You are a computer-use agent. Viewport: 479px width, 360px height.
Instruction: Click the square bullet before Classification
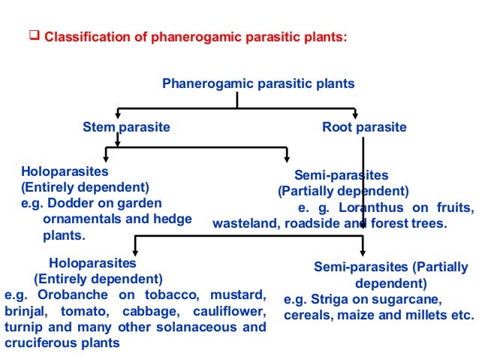coord(33,35)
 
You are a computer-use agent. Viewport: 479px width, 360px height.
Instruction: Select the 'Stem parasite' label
coord(126,128)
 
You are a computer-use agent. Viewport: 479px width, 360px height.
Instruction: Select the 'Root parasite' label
coord(364,128)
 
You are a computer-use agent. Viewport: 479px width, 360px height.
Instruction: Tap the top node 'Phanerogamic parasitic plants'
coord(259,83)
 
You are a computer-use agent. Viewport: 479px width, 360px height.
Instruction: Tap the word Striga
coord(324,298)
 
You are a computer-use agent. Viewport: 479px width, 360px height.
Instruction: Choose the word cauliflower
coord(229,311)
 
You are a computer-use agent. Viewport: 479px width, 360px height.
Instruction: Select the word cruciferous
coord(35,343)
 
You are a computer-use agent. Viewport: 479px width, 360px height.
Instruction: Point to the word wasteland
coord(244,223)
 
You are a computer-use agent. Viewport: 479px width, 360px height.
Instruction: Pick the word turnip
coord(20,328)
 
